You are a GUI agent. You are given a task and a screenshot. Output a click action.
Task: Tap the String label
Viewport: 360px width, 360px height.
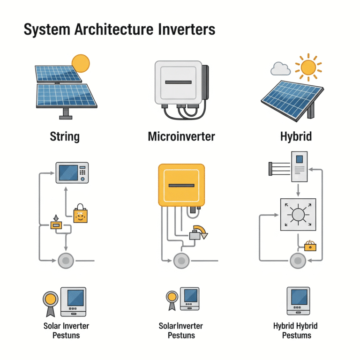(65, 137)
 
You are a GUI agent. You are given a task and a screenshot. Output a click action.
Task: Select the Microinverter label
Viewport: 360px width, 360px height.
(181, 137)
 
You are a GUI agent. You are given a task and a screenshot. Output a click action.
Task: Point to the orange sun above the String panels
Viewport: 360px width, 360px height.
(81, 63)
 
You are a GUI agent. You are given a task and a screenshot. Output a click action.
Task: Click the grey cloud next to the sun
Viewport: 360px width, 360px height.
(280, 69)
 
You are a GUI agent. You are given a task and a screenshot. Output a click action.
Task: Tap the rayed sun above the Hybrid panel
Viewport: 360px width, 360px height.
(308, 67)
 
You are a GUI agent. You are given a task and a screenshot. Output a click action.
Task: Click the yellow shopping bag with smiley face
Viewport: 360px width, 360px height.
(81, 215)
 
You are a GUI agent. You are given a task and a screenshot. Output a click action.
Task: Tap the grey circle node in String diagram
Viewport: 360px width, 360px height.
(66, 261)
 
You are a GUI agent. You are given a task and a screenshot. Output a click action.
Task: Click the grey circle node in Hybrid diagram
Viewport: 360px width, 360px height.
(297, 261)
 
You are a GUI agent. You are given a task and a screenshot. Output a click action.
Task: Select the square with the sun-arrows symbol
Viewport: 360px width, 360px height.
(298, 215)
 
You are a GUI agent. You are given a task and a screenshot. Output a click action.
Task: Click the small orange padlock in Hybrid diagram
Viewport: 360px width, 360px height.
(310, 245)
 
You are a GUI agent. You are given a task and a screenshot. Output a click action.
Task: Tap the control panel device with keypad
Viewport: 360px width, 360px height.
(72, 173)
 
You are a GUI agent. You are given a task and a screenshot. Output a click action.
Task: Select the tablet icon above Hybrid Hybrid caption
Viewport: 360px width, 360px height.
(298, 300)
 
